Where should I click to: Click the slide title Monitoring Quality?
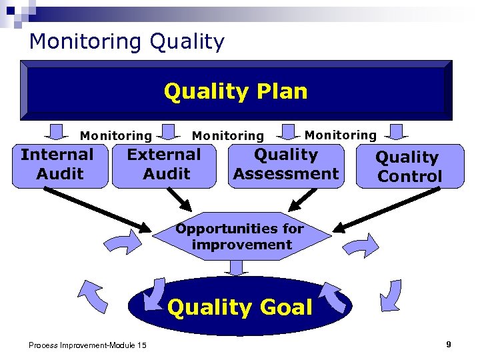(x=127, y=42)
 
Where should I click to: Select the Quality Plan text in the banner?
(x=235, y=91)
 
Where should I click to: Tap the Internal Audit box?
(x=58, y=165)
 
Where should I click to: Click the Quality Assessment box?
(x=286, y=165)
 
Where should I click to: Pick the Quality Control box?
(x=409, y=167)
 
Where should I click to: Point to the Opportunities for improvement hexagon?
(x=240, y=237)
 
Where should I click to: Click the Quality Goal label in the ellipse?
(x=239, y=307)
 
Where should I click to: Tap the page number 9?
(x=449, y=344)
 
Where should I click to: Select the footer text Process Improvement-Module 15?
(x=88, y=345)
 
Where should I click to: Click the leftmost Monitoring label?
(x=116, y=136)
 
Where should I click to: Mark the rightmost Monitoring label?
(x=340, y=135)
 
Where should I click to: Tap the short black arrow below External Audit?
(x=179, y=197)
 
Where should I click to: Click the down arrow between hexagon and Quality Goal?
(x=236, y=267)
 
